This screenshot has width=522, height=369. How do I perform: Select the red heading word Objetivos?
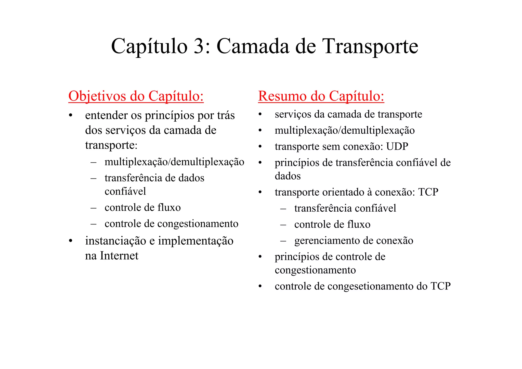pyautogui.click(x=97, y=97)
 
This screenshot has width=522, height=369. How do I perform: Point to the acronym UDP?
pyautogui.click(x=397, y=147)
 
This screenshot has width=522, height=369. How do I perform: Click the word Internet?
pyautogui.click(x=119, y=256)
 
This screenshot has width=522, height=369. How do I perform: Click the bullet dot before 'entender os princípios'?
pyautogui.click(x=71, y=116)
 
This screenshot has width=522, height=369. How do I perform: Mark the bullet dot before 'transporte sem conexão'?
pyautogui.click(x=260, y=147)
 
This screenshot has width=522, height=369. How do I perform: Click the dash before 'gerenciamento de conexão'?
pyautogui.click(x=283, y=241)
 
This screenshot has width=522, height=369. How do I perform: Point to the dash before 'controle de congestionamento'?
pyautogui.click(x=93, y=224)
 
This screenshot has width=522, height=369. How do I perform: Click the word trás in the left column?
pyautogui.click(x=226, y=115)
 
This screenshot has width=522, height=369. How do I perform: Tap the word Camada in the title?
pyautogui.click(x=253, y=46)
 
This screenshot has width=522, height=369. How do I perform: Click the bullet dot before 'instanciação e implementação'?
pyautogui.click(x=71, y=241)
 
